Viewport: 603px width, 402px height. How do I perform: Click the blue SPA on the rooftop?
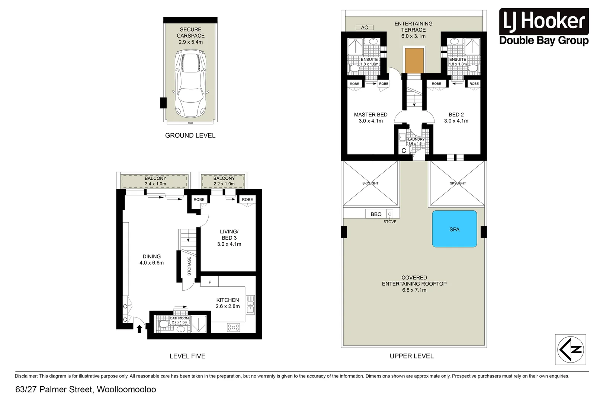click(454, 229)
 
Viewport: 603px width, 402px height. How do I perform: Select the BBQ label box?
click(376, 214)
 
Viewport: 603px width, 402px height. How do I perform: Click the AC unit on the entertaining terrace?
click(365, 28)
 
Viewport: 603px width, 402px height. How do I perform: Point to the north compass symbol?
click(570, 349)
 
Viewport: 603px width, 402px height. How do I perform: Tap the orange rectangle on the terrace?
click(414, 61)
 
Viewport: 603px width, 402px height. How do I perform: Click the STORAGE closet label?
click(189, 266)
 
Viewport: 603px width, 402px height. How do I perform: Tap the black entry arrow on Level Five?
click(139, 329)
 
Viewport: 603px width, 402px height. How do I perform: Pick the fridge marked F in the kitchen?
click(209, 282)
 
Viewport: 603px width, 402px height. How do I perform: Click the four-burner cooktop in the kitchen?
click(233, 327)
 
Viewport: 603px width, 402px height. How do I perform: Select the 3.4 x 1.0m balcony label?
click(155, 181)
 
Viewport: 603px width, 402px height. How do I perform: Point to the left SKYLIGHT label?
click(370, 183)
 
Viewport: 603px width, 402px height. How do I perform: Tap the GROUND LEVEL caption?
click(190, 135)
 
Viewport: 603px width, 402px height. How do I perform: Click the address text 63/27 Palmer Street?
click(86, 389)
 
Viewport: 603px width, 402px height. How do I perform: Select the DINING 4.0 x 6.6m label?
click(151, 259)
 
